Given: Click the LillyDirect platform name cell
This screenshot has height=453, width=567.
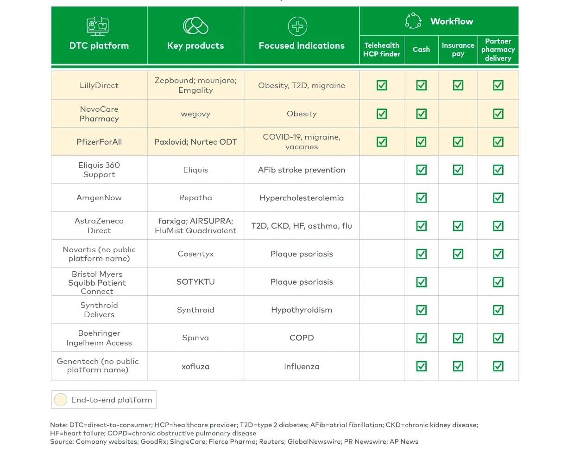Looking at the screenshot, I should (99, 85).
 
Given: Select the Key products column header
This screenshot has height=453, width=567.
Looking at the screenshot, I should (195, 45).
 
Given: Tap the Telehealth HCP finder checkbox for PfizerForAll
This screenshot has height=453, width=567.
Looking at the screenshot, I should (382, 141).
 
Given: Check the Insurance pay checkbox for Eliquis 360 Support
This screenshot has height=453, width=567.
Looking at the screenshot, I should (458, 170).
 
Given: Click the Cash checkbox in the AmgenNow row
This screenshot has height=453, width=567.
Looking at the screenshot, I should (421, 198).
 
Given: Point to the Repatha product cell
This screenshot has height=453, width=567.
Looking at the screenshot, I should (195, 198).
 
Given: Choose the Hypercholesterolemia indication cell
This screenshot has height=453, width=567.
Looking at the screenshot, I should (302, 198).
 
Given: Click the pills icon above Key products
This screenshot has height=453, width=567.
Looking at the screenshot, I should (195, 26).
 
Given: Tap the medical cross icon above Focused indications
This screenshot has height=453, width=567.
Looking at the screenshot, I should (297, 26).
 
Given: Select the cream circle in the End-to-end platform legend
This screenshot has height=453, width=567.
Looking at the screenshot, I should (61, 400).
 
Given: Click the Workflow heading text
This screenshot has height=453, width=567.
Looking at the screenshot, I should (452, 21).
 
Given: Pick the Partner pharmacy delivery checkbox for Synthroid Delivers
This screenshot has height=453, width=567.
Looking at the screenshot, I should (498, 310).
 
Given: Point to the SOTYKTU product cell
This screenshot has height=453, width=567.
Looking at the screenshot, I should (195, 282).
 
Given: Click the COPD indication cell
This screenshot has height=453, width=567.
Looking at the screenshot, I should (302, 338).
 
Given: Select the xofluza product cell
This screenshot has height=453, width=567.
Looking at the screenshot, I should (195, 366).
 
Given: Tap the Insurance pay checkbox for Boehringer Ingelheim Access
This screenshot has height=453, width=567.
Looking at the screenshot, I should (458, 338).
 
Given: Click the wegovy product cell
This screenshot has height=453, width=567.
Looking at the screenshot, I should (195, 114).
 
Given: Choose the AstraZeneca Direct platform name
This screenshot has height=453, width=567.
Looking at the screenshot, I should (99, 226).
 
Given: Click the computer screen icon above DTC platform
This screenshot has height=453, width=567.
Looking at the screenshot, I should (97, 26).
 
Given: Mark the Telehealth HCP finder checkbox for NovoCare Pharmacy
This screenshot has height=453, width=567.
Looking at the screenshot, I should (382, 114).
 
